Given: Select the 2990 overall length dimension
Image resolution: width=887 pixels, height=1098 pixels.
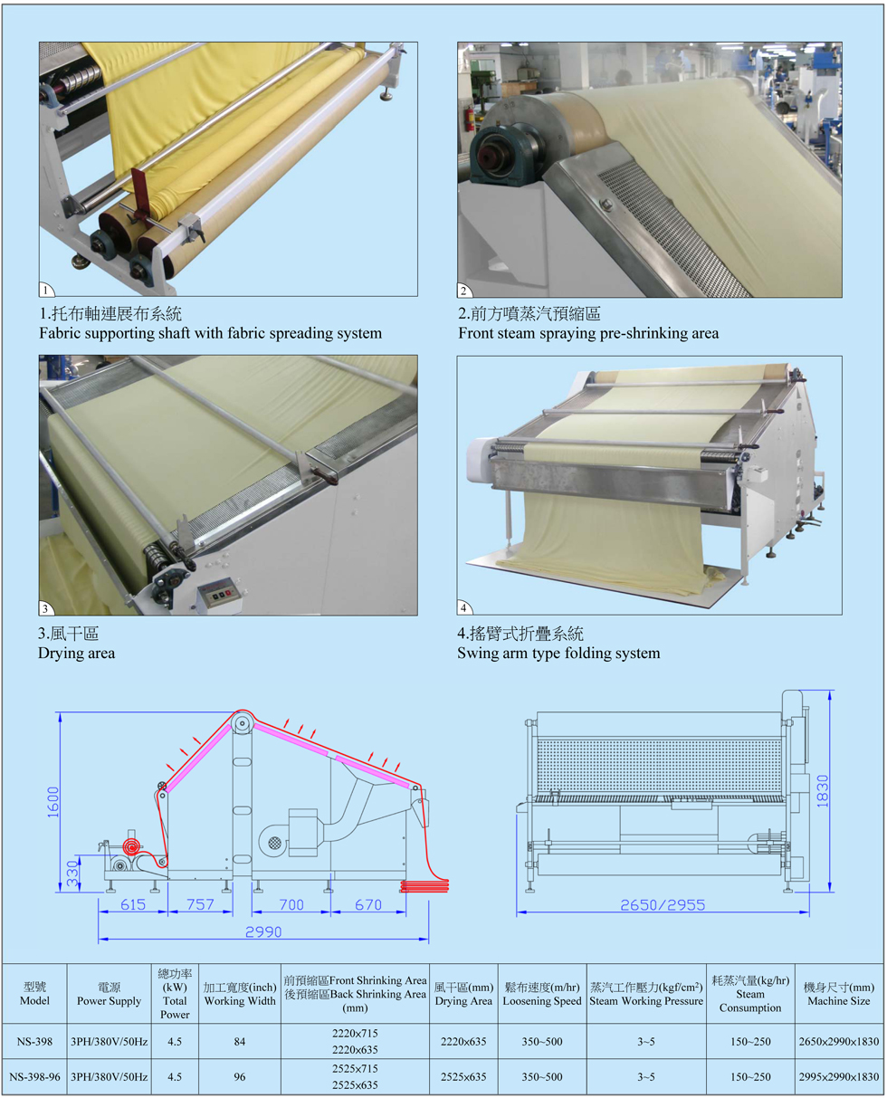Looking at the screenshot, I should [262, 931].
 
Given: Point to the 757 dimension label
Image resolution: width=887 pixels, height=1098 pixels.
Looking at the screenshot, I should [200, 904].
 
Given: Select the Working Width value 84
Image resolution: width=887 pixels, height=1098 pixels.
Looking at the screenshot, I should [239, 1042].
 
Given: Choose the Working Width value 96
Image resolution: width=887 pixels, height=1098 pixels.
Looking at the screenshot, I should [239, 1076].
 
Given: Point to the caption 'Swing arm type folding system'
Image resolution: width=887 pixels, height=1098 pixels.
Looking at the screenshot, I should [558, 653].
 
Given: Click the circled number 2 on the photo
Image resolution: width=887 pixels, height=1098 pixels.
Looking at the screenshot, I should [464, 291].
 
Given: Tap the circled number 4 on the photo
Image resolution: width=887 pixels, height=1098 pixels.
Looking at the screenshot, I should [464, 607].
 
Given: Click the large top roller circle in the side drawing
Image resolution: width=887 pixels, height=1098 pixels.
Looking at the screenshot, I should [242, 724].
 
